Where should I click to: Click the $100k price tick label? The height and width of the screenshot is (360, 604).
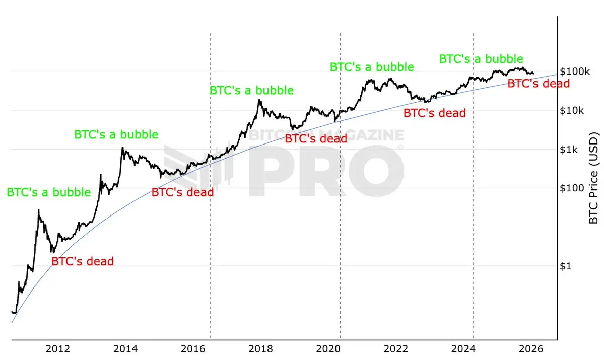click(574, 71)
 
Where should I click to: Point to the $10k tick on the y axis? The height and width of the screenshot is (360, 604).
click(572, 110)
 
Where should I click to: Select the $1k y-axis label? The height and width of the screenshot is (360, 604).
click(569, 149)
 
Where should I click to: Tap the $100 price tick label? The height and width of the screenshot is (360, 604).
click(571, 188)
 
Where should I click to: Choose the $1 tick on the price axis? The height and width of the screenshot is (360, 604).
click(566, 266)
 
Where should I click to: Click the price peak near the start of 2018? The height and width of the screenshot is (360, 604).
click(259, 100)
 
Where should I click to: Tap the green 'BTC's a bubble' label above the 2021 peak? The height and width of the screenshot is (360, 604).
click(372, 66)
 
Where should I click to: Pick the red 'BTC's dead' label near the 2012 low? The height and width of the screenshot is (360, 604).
click(83, 261)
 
